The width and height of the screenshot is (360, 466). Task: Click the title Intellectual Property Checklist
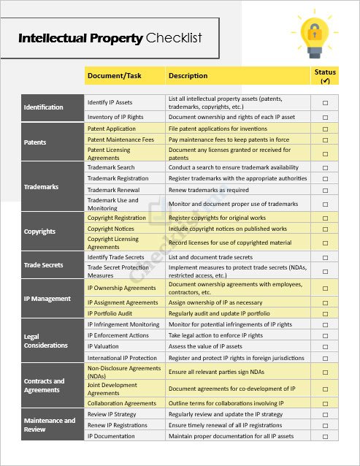110,39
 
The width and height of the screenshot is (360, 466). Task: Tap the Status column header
325,76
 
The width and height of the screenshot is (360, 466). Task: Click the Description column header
188,76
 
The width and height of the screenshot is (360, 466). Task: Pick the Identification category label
44,107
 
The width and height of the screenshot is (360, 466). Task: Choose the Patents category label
35,142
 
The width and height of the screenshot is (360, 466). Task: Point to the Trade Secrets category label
43,265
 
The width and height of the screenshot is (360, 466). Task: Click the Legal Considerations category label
45,341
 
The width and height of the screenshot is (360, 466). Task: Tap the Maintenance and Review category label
49,425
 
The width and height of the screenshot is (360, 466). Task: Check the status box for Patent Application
325,129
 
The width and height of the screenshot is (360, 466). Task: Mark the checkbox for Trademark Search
325,168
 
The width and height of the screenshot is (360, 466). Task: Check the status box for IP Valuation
325,347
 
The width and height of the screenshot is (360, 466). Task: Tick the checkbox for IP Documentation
325,436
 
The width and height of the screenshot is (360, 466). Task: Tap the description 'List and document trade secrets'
210,257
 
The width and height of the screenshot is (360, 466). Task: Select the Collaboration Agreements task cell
122,403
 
